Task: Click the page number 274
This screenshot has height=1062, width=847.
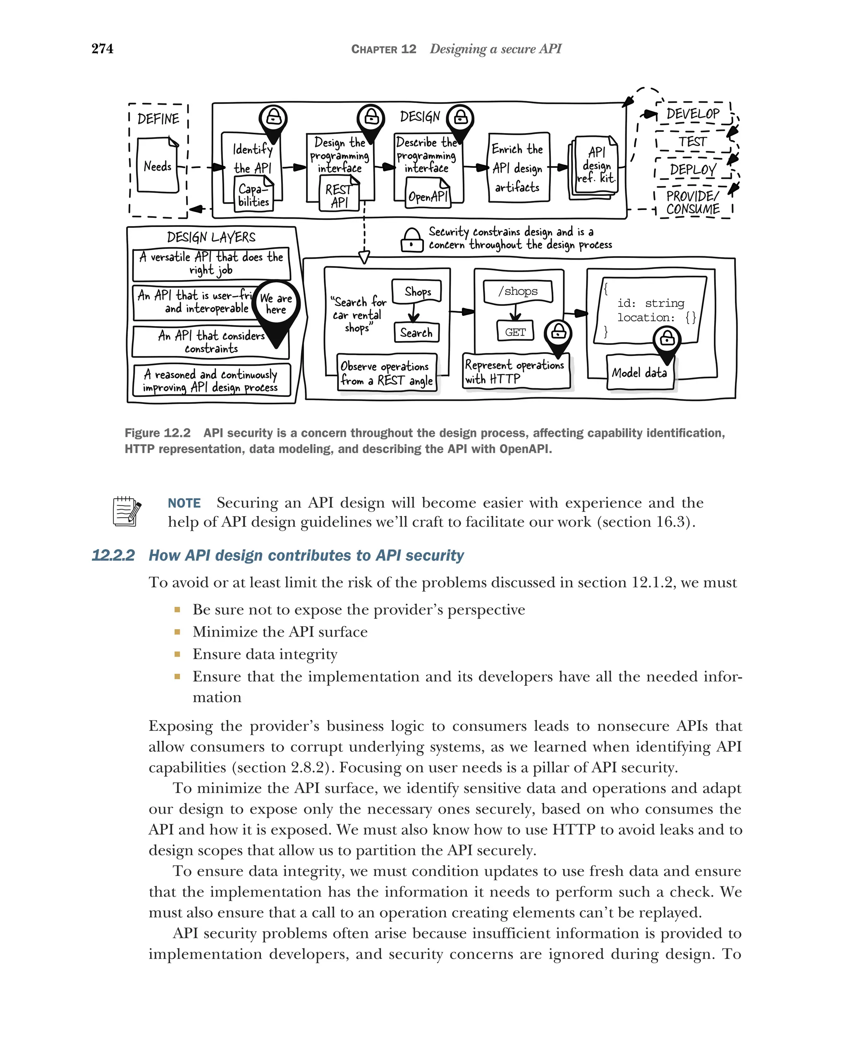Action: [102, 49]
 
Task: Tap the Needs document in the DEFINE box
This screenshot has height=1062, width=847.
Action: [158, 165]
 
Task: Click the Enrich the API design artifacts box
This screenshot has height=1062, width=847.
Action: [518, 167]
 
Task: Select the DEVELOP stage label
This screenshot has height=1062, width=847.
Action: [692, 114]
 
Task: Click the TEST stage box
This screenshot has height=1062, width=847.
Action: [692, 142]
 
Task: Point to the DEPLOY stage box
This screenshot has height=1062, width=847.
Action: [692, 170]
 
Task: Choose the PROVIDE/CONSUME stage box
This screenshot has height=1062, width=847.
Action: [692, 203]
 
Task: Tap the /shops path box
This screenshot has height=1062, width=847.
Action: [517, 291]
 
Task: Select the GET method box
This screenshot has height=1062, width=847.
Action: [515, 332]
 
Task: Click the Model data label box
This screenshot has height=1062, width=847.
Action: [639, 373]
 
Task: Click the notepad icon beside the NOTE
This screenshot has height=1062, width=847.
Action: [127, 511]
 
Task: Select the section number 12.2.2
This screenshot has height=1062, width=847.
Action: [113, 555]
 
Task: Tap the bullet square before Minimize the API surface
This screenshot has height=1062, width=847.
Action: [177, 632]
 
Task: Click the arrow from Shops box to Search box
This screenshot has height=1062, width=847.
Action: [414, 312]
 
